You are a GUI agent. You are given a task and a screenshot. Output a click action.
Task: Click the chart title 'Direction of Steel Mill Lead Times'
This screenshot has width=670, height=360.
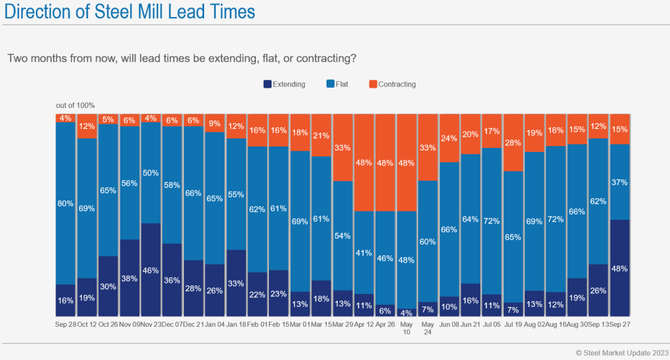point(128,12)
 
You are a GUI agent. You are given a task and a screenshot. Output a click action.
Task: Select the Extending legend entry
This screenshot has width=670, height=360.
point(285,84)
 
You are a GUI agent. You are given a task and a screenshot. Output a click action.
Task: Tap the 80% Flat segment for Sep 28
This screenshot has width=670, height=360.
point(65,203)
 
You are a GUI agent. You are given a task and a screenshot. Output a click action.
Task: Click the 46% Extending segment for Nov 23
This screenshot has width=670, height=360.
point(150,270)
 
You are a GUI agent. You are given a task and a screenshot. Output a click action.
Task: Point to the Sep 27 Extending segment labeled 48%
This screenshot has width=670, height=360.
point(619,268)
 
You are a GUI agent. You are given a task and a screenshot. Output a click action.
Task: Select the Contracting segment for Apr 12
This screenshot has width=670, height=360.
point(363,162)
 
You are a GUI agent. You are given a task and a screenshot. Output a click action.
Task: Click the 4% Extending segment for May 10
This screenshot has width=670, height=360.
point(406,313)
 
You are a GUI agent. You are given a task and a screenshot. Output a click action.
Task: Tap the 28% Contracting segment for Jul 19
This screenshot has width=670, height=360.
point(512,142)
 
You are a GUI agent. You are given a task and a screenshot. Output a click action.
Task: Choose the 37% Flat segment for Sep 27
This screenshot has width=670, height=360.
point(619,182)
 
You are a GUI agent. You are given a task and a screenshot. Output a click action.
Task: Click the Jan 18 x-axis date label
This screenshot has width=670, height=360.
point(236,325)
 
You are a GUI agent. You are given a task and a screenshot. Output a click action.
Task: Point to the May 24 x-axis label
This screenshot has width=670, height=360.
point(427,329)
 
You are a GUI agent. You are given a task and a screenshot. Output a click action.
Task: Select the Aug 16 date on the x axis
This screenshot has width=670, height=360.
point(555,325)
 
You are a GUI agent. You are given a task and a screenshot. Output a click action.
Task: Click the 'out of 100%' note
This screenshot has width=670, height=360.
point(75,105)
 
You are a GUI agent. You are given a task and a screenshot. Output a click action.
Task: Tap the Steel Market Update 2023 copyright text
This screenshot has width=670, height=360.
point(622,353)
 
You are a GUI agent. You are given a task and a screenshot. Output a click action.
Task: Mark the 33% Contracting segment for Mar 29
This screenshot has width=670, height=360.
point(342,147)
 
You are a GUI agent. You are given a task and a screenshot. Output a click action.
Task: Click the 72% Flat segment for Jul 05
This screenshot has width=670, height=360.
point(491,221)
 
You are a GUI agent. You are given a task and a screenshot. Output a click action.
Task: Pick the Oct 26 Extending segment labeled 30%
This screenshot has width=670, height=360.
point(108,286)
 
